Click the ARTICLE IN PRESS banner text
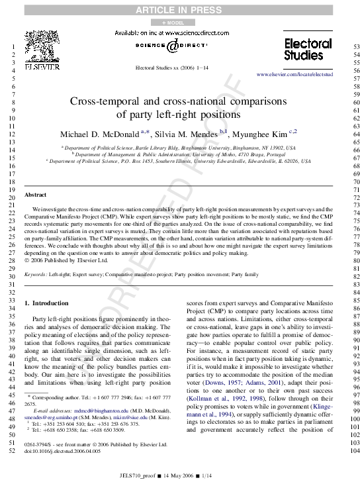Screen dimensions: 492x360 pos(179,10)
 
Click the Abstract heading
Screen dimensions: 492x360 pos(35,195)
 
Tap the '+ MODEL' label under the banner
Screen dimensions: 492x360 pos(179,23)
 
